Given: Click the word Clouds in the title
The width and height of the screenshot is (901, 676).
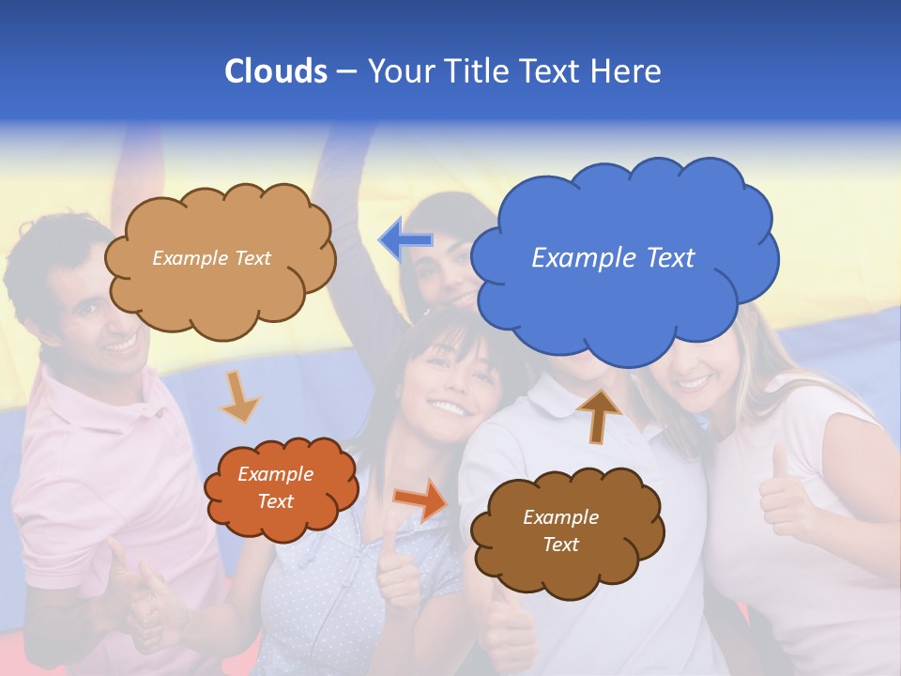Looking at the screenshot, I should pyautogui.click(x=276, y=71).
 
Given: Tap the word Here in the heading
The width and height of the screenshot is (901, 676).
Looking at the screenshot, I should pyautogui.click(x=626, y=71).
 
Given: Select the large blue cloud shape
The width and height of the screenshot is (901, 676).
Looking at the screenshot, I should pyautogui.click(x=623, y=282).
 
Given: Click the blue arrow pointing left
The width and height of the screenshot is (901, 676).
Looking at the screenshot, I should pyautogui.click(x=405, y=240).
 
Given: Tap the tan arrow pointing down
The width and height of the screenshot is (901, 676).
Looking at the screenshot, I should pyautogui.click(x=239, y=395).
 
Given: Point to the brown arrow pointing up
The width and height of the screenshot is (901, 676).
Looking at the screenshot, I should pyautogui.click(x=599, y=414).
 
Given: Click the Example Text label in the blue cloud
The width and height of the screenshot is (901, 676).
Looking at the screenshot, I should pyautogui.click(x=613, y=257).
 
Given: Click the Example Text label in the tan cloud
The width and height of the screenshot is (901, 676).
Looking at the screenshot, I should pyautogui.click(x=211, y=258).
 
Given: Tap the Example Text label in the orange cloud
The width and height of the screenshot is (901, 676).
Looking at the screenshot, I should pyautogui.click(x=275, y=487).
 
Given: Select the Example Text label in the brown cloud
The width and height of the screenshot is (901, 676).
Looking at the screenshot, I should pyautogui.click(x=560, y=530).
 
